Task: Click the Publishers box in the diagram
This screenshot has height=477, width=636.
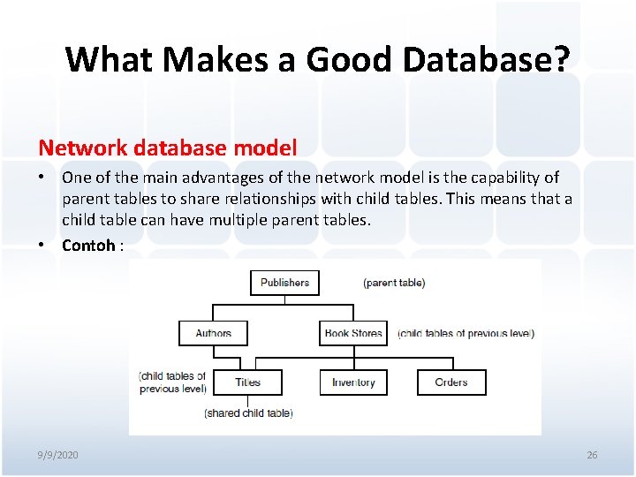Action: [x=284, y=283]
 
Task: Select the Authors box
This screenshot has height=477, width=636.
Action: [x=213, y=333]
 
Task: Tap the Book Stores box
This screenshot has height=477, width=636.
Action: [x=353, y=333]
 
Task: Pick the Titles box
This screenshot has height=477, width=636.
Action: [x=248, y=382]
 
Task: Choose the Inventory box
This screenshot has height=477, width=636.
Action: [x=353, y=382]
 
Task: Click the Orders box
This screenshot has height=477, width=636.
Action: [x=451, y=382]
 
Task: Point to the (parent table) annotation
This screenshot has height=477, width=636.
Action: [x=394, y=283]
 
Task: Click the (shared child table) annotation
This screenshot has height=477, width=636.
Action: [x=248, y=413]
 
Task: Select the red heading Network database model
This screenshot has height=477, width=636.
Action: [x=167, y=147]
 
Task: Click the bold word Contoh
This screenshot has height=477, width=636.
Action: [x=88, y=246]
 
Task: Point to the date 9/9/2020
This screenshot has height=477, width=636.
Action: [x=57, y=455]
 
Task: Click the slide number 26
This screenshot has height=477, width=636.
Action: [x=592, y=455]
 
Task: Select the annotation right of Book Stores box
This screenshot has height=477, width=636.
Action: [x=466, y=333]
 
